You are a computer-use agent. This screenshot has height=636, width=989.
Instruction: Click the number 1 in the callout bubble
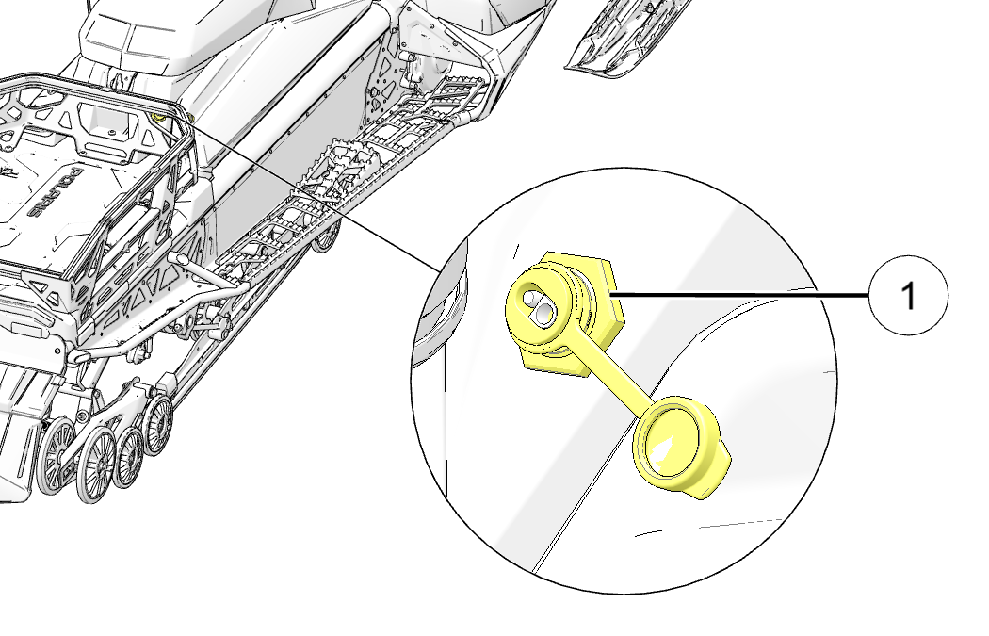(908, 295)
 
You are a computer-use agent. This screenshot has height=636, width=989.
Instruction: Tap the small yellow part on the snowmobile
(157, 118)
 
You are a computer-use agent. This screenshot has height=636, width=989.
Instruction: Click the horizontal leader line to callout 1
(741, 294)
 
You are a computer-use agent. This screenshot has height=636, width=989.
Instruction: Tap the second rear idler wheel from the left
(96, 465)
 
